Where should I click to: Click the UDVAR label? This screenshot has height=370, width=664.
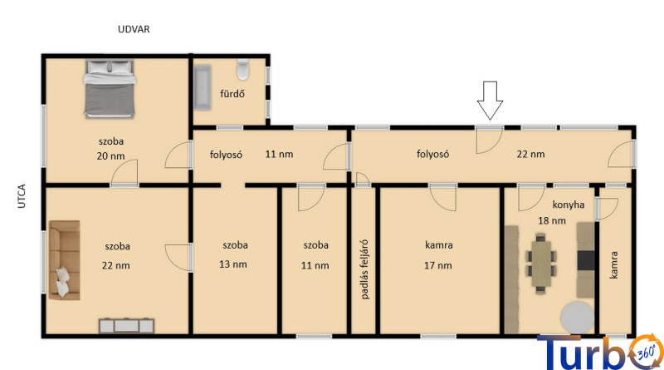coord(134,29)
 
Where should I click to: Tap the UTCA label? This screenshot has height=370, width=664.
coord(22,196)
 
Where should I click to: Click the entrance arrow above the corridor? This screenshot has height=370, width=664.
coord(490,101)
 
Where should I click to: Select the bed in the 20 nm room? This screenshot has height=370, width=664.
coord(110,89)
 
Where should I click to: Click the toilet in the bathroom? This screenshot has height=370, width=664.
coord(242,70)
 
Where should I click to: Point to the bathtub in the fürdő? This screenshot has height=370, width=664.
coord(203,88)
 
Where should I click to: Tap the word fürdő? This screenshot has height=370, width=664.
coord(232,93)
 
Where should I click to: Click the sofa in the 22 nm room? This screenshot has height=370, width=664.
coord(65,260)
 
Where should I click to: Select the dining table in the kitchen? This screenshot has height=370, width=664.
coord(541,264)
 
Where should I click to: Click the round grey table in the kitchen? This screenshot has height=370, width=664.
coord(577,318)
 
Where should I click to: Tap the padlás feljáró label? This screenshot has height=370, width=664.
coord(364,269)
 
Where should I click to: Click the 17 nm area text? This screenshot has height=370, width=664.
coord(438,265)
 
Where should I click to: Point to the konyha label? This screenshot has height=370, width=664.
coord(569,205)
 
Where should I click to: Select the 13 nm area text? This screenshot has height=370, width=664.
coord(233,264)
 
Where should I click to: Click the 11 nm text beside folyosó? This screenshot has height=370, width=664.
coord(279,154)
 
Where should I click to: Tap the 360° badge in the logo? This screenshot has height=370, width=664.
coord(647,352)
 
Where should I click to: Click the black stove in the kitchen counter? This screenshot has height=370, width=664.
coord(586,260)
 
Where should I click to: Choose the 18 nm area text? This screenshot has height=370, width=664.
coord(552,220)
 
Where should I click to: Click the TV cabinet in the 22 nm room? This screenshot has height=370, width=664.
coord(127,326)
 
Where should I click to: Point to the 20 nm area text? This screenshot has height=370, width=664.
coord(110,156)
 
